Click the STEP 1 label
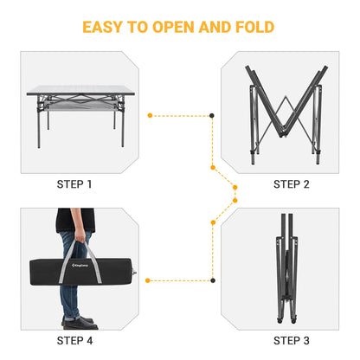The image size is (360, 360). [74, 184]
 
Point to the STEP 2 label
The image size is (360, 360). [292, 184]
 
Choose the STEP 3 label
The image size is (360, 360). [292, 339]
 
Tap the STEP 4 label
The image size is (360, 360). [74, 339]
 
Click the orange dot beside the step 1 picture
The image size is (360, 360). [150, 114]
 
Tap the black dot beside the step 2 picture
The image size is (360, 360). [213, 114]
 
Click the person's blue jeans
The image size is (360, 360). [74, 290]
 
